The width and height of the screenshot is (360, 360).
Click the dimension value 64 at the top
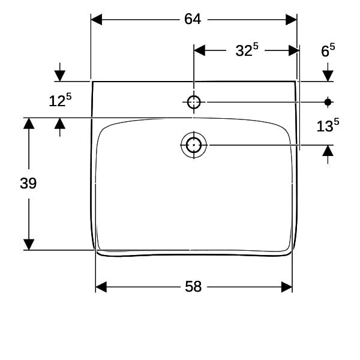pos(193,19)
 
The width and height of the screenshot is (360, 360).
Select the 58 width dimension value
pos(193,287)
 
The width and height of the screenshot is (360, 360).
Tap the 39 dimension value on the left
pos(28,184)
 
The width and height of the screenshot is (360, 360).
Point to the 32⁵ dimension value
pos(247,50)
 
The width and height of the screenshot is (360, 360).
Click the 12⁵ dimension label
pos(60,100)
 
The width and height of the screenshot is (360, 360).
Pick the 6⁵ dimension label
pos(328,50)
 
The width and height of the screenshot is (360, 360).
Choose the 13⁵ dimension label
pos(328,125)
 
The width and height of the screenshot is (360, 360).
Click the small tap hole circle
pos(194,102)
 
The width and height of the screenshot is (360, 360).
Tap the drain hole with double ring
pos(194,145)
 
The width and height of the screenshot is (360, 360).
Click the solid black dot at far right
pos(328,102)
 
